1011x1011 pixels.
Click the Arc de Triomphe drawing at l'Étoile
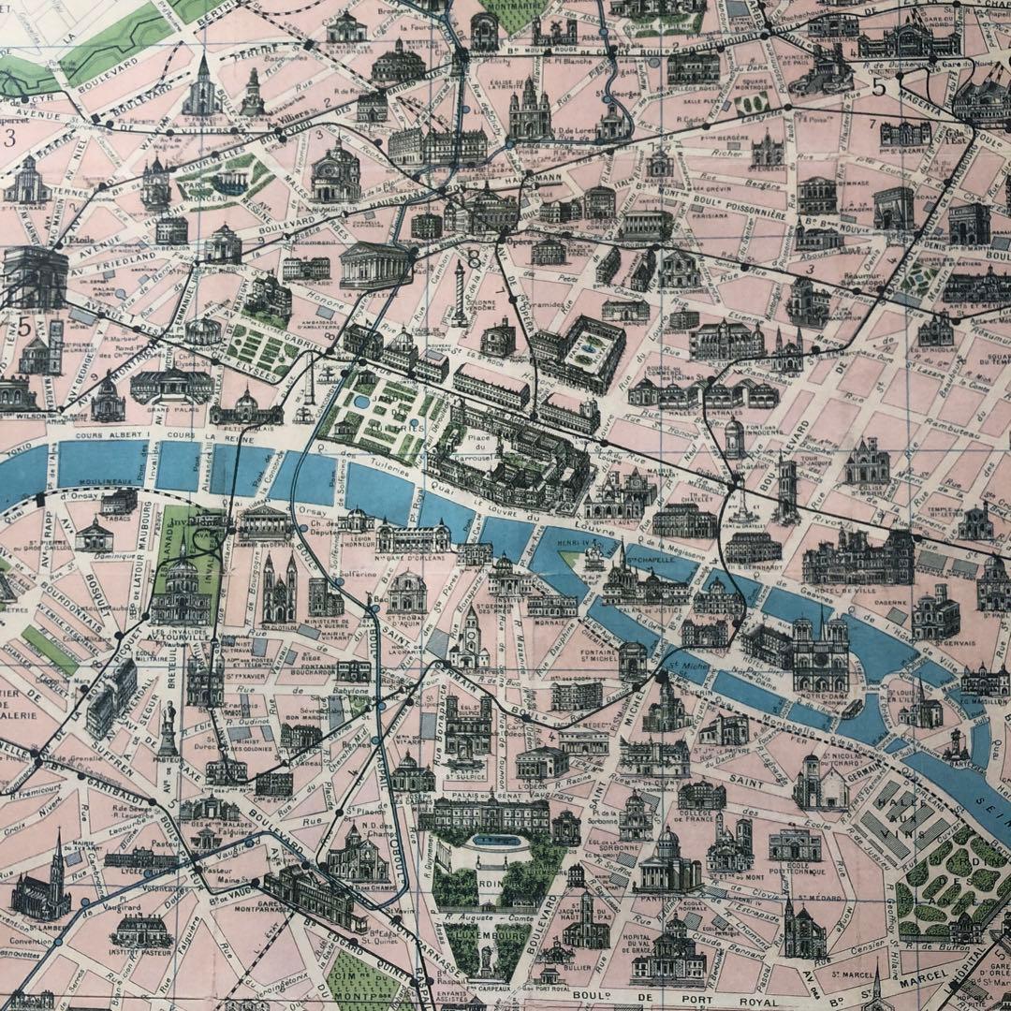pyautogui.click(x=35, y=276)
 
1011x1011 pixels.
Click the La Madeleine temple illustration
pyautogui.click(x=374, y=264)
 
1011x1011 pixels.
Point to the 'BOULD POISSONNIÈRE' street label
pyautogui.click(x=740, y=212)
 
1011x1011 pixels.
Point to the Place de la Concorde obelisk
pyautogui.click(x=309, y=393)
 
